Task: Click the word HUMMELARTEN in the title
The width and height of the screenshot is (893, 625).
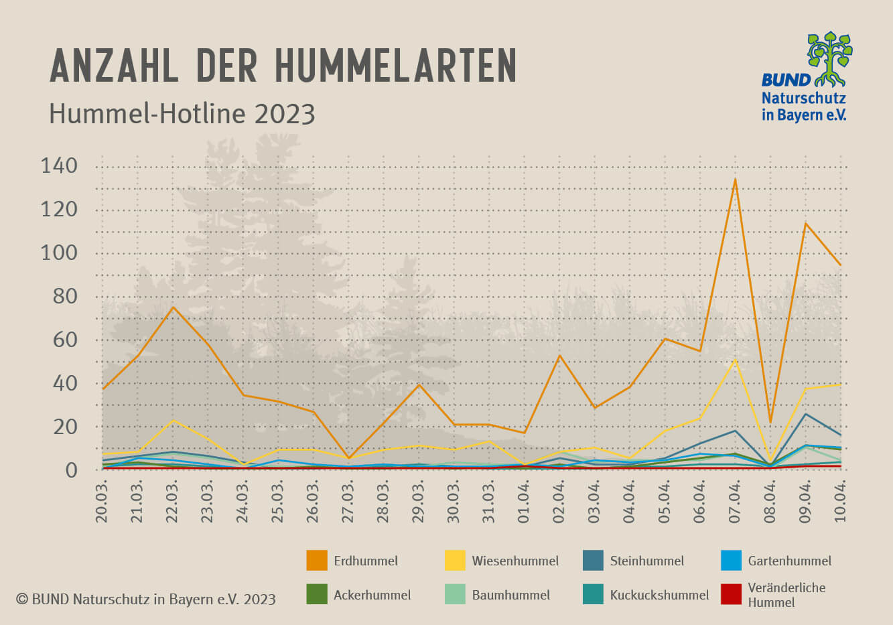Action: (395, 65)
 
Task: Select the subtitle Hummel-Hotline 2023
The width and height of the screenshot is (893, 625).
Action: (182, 114)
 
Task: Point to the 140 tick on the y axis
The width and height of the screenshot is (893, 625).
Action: (59, 165)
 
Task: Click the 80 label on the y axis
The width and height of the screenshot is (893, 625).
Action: (65, 296)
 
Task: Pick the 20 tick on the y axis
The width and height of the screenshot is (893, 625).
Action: (65, 427)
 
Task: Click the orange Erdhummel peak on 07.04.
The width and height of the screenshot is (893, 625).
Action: (735, 179)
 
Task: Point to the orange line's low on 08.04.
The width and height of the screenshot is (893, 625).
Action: (770, 422)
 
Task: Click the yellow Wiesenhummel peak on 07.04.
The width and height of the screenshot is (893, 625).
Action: (735, 360)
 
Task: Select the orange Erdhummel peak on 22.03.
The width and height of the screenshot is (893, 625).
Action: (173, 307)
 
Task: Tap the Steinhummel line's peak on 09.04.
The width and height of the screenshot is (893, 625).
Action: (805, 414)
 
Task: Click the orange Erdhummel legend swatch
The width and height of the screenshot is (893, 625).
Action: (317, 561)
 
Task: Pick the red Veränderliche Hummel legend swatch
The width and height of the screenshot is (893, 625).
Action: (732, 595)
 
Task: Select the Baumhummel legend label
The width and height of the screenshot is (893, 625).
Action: (510, 595)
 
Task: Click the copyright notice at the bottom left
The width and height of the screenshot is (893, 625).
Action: (145, 599)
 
